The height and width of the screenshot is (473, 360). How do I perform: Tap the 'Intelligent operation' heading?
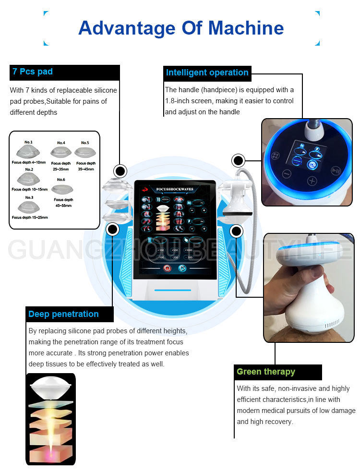(x=207, y=73)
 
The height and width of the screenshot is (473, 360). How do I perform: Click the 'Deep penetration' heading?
(x=63, y=314)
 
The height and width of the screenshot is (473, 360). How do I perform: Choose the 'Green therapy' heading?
(x=265, y=372)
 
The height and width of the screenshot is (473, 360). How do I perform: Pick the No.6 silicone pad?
(x=63, y=189)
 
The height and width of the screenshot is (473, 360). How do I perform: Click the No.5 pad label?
(x=85, y=143)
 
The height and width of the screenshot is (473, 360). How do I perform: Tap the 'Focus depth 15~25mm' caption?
(x=30, y=217)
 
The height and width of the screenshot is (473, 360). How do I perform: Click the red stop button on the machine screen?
(x=167, y=268)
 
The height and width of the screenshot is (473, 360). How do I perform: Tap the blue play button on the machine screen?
(x=182, y=268)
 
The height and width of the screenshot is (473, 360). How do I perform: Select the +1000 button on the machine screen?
(x=189, y=250)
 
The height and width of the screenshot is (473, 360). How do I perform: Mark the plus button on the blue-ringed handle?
(x=312, y=181)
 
